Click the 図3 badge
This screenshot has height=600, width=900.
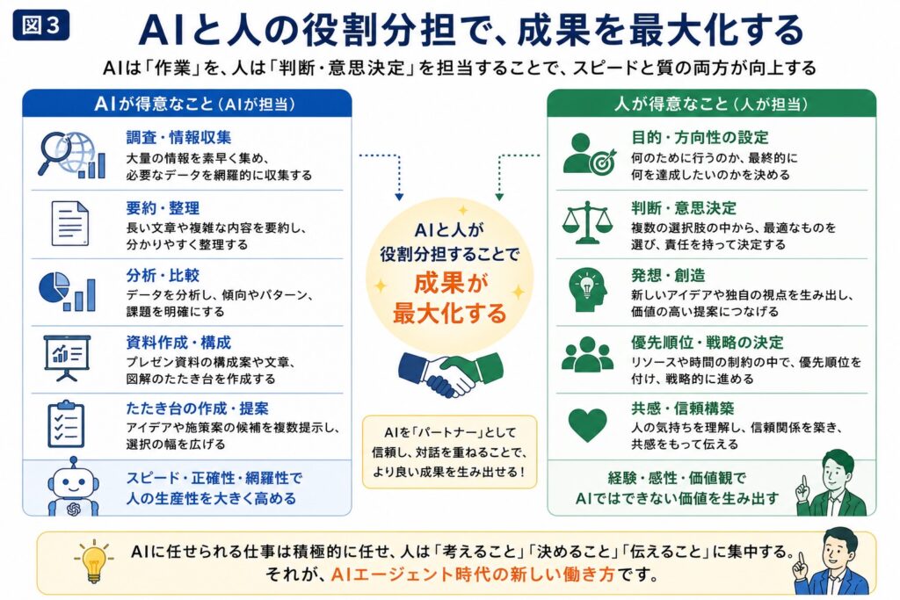pyautogui.click(x=40, y=25)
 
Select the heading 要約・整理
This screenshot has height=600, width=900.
pyautogui.click(x=163, y=208)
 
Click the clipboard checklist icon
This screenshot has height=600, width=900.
pyautogui.click(x=66, y=424)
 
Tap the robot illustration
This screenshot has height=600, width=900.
pyautogui.click(x=73, y=487)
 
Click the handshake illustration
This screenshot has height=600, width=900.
pyautogui.click(x=451, y=374)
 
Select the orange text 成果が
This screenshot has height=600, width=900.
pyautogui.click(x=451, y=283)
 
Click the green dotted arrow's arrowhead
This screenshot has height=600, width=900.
pyautogui.click(x=499, y=197)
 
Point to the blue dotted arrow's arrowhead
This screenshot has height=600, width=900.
pyautogui.click(x=399, y=197)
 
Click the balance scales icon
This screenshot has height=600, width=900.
pyautogui.click(x=587, y=222)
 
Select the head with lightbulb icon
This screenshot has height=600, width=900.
pyautogui.click(x=588, y=290)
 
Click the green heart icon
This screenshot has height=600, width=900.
pyautogui.click(x=587, y=425)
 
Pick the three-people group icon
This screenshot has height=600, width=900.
pyautogui.click(x=588, y=355)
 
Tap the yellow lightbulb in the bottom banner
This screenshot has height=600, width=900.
pyautogui.click(x=93, y=560)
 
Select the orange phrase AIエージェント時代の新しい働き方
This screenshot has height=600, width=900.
pyautogui.click(x=473, y=575)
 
